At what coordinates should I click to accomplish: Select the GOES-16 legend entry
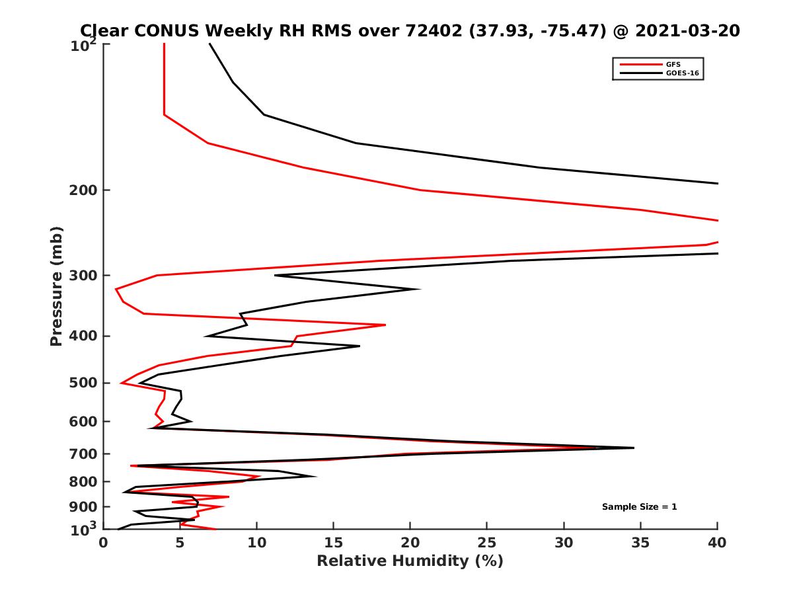680,73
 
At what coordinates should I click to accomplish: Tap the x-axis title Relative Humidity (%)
410,561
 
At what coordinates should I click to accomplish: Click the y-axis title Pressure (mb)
56,286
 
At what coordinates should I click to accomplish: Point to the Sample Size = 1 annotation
639,507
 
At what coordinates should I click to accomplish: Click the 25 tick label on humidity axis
487,543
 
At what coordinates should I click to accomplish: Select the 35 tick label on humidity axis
640,543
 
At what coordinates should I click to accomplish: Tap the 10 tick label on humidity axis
256,543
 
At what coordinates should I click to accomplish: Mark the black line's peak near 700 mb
633,448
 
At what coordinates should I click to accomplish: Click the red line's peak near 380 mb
385,325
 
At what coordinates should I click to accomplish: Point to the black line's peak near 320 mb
418,289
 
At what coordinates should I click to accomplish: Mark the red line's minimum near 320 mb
116,289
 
